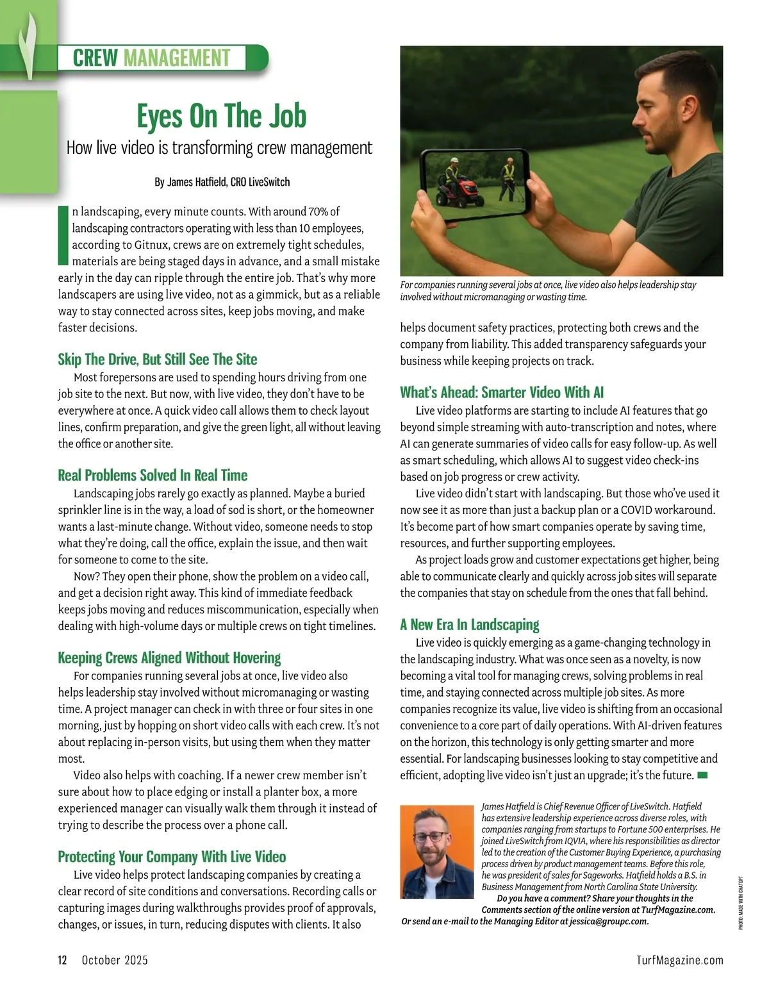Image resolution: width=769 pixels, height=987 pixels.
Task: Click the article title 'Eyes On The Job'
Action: click(221, 116)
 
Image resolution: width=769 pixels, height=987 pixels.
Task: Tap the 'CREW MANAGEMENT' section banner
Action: click(151, 58)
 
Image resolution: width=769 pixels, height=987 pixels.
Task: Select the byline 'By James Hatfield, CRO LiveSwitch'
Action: click(222, 182)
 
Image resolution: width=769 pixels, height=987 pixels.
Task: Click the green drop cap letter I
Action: click(63, 235)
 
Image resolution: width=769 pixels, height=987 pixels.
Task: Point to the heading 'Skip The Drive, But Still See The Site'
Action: click(157, 359)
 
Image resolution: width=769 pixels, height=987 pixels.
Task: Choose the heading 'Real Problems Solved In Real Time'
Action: click(153, 475)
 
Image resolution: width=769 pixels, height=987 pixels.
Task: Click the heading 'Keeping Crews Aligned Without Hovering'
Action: click(169, 658)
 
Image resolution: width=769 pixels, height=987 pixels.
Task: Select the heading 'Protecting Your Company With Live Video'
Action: click(172, 857)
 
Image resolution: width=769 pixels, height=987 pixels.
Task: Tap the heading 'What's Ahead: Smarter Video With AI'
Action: click(502, 392)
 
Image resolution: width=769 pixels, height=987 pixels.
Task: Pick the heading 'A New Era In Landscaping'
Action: click(470, 624)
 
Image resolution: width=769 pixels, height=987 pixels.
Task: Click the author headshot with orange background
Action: click(427, 852)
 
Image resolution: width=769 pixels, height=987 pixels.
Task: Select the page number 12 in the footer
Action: click(63, 959)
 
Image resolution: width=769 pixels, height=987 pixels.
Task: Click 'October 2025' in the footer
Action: click(115, 959)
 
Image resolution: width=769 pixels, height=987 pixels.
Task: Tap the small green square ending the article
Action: click(702, 775)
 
